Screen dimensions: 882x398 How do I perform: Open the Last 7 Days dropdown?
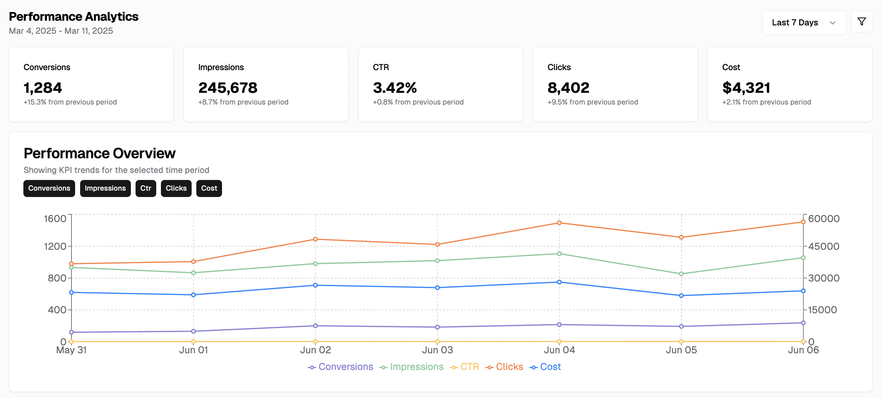click(804, 23)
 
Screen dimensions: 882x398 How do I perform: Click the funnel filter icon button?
click(861, 22)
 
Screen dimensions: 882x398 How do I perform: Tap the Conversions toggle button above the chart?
click(49, 188)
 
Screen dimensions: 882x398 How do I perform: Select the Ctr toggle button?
click(146, 188)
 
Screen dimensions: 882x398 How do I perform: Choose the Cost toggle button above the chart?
click(209, 188)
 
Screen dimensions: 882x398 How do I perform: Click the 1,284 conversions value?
click(43, 88)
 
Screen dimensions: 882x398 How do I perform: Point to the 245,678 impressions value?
click(228, 88)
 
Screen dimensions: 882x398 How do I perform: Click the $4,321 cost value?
click(746, 88)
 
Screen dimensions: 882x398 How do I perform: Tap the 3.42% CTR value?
click(395, 88)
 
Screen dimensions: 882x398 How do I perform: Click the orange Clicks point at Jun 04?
click(559, 223)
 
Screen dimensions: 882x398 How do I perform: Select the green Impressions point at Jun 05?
click(681, 274)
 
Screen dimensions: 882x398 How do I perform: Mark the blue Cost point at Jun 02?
click(315, 285)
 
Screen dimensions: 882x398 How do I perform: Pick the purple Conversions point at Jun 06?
click(803, 323)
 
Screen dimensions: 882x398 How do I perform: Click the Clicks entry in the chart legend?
click(504, 367)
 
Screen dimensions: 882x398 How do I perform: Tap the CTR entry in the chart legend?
click(465, 367)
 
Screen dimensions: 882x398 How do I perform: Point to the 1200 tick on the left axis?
click(55, 246)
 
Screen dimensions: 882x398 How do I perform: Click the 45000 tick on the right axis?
click(824, 246)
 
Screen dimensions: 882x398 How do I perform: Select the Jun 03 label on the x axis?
click(437, 350)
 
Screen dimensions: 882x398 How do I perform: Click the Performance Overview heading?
click(99, 153)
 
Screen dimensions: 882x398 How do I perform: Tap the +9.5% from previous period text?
click(593, 102)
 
